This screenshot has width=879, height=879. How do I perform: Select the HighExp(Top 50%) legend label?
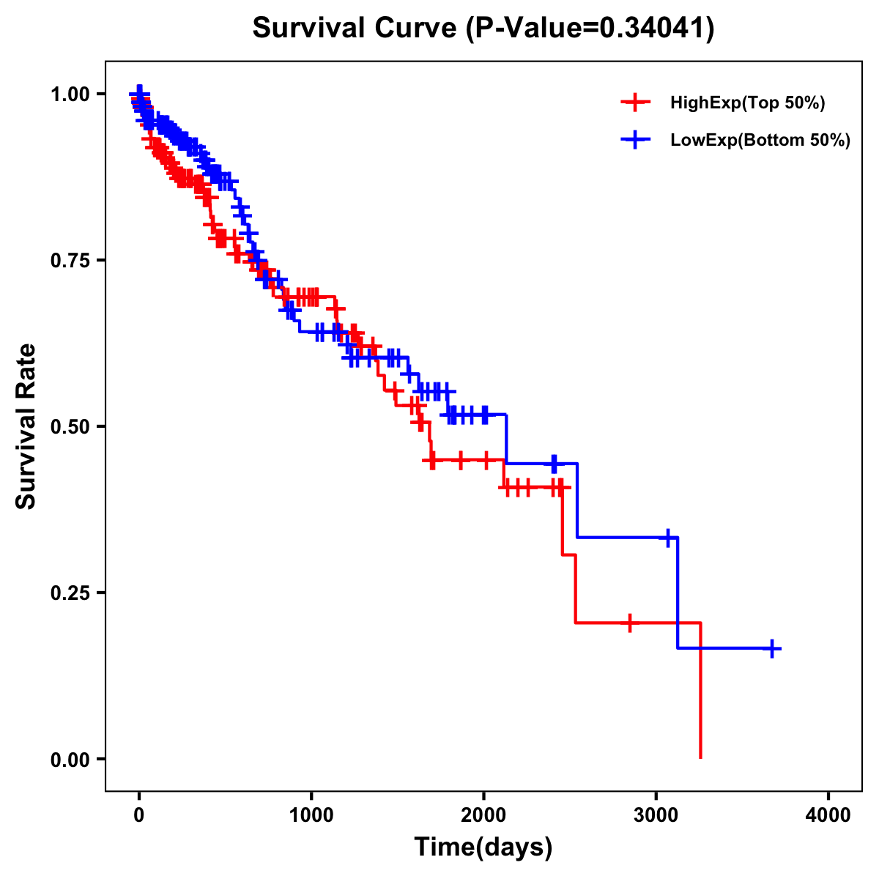click(x=747, y=103)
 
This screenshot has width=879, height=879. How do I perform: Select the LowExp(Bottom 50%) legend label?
click(x=760, y=141)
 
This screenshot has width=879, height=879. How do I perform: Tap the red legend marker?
click(x=635, y=103)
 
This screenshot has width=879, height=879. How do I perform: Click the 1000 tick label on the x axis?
click(x=311, y=815)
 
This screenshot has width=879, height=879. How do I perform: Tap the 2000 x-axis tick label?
click(x=483, y=815)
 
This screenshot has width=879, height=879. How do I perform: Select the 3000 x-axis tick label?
click(x=656, y=815)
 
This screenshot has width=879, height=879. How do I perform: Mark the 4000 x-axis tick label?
click(x=828, y=815)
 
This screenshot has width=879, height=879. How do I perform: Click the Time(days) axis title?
click(x=483, y=848)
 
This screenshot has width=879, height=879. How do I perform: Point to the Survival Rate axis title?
click(x=26, y=426)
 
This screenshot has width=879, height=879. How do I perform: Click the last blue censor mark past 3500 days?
click(x=772, y=649)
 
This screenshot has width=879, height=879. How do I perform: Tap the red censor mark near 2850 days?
click(x=629, y=623)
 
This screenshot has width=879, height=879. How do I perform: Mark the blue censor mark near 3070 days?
click(x=667, y=538)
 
